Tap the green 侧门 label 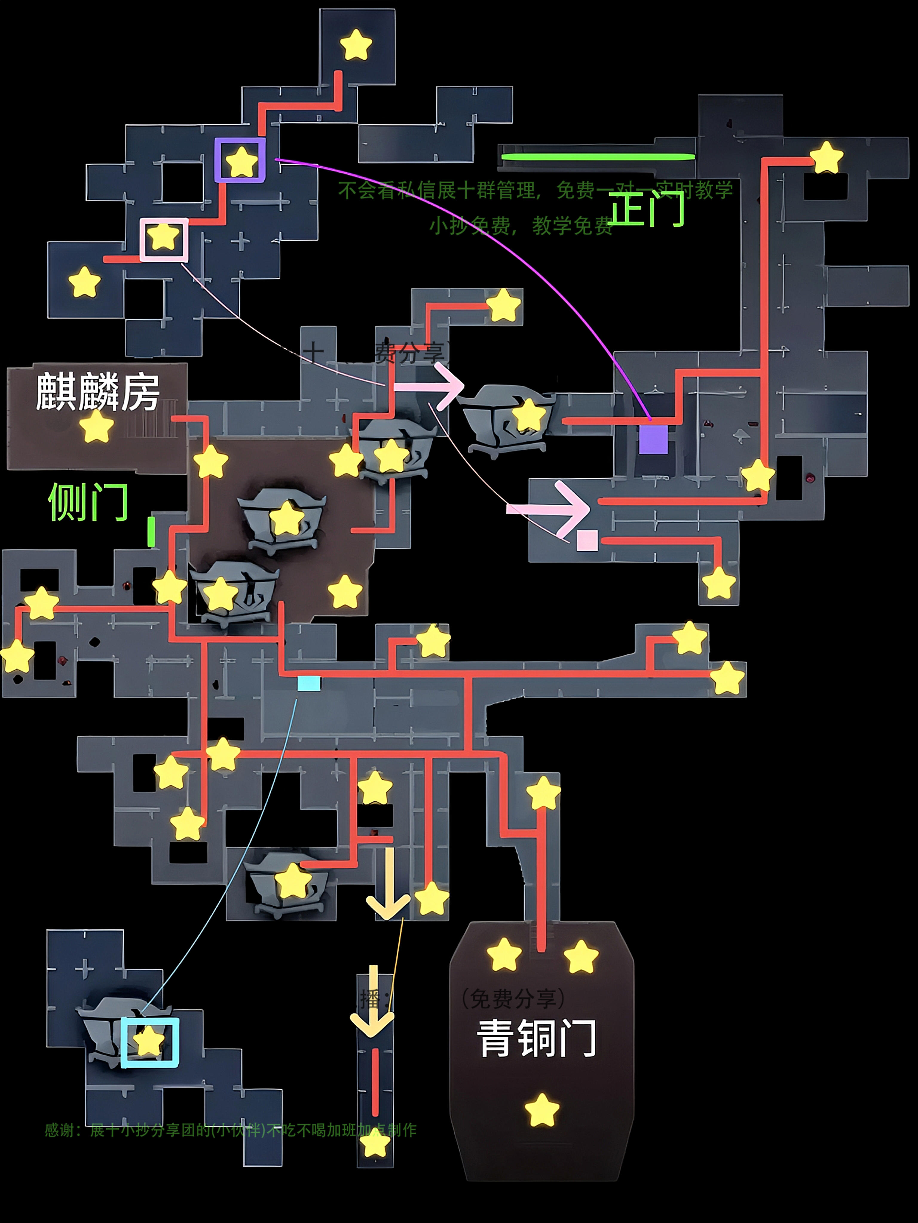coord(88,502)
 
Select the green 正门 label coord(646,209)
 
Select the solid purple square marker coord(653,440)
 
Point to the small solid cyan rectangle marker coord(309,683)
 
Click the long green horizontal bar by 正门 coord(598,157)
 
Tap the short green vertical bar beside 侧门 coord(151,532)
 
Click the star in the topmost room coord(356,45)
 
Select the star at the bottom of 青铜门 coord(542,1110)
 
